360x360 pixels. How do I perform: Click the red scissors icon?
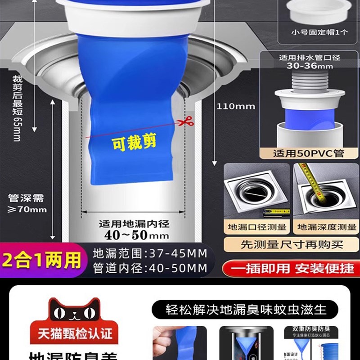pos(184,121)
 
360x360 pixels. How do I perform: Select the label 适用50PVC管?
pos(309,153)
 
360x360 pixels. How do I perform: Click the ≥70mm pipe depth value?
pos(27,209)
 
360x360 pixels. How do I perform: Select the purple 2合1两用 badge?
pos(41,261)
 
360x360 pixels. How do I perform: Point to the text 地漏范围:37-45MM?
pos(150,253)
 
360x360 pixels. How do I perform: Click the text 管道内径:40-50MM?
pos(150,269)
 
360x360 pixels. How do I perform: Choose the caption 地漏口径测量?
pos(257,227)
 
